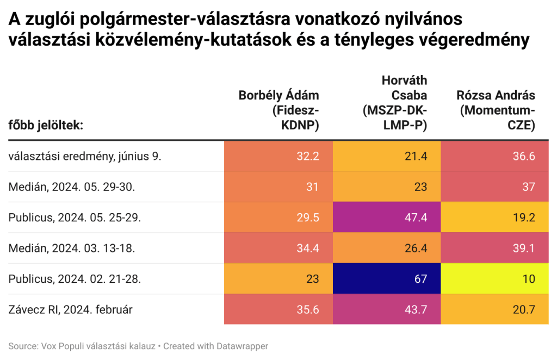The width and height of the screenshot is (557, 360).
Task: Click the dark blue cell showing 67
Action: [386, 279]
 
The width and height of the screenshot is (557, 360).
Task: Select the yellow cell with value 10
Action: [494, 279]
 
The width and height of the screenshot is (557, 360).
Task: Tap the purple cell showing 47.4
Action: [386, 218]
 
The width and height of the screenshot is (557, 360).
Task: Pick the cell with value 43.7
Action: [386, 310]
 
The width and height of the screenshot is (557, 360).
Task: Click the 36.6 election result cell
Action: [494, 156]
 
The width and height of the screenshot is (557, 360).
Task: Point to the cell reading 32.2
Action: [278, 156]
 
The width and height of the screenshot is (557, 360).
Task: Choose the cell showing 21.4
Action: [386, 156]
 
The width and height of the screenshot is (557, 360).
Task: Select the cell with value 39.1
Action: [494, 249]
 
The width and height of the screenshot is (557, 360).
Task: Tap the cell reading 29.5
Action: [278, 218]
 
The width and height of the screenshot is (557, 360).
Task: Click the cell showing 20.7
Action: [494, 310]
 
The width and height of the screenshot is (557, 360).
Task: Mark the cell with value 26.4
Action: [386, 249]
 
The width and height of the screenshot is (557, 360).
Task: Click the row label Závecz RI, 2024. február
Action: [71, 310]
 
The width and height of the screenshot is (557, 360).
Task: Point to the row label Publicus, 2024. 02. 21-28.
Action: [75, 279]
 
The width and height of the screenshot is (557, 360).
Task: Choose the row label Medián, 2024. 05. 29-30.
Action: [72, 187]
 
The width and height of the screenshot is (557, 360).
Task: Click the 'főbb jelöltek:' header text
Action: [46, 126]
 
